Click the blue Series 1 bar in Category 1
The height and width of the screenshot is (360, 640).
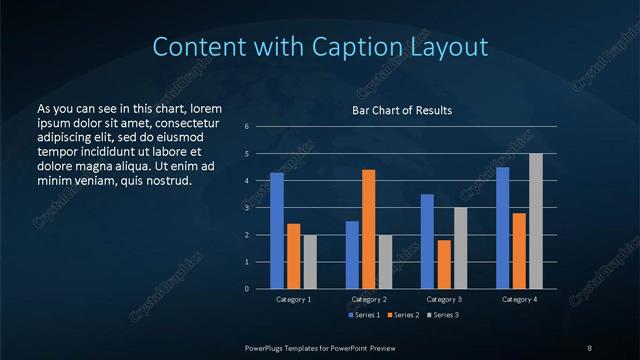(277, 231)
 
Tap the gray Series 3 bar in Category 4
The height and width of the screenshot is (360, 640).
(536, 221)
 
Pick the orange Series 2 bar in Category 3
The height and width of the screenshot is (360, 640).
(444, 264)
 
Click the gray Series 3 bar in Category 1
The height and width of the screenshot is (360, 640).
(310, 262)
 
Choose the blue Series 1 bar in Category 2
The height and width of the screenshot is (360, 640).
(352, 255)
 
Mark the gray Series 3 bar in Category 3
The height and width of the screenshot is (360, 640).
(461, 248)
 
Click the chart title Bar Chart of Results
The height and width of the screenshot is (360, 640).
(401, 110)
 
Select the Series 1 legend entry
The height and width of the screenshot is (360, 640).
(363, 315)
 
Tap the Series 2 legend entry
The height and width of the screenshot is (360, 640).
(401, 315)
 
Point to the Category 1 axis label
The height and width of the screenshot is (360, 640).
(294, 299)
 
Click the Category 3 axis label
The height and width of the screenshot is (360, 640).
(444, 299)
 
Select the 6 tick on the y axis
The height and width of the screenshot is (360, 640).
(247, 127)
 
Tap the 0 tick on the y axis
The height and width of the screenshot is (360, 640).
(247, 289)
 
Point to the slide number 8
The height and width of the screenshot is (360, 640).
(589, 346)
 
